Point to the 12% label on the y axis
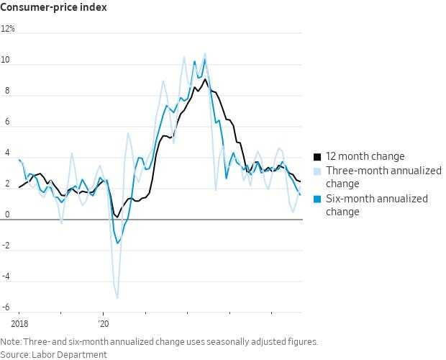(x=8, y=30)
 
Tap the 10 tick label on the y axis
(x=7, y=60)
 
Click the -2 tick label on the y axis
(x=6, y=246)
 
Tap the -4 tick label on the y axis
(x=6, y=276)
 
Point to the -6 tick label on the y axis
(x=6, y=307)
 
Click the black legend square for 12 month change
(x=317, y=156)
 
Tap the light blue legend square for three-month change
(x=317, y=171)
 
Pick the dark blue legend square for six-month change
(x=317, y=199)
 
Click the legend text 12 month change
(x=365, y=156)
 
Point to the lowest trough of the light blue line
(x=117, y=297)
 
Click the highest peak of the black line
(x=205, y=78)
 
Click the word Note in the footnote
(x=11, y=342)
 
